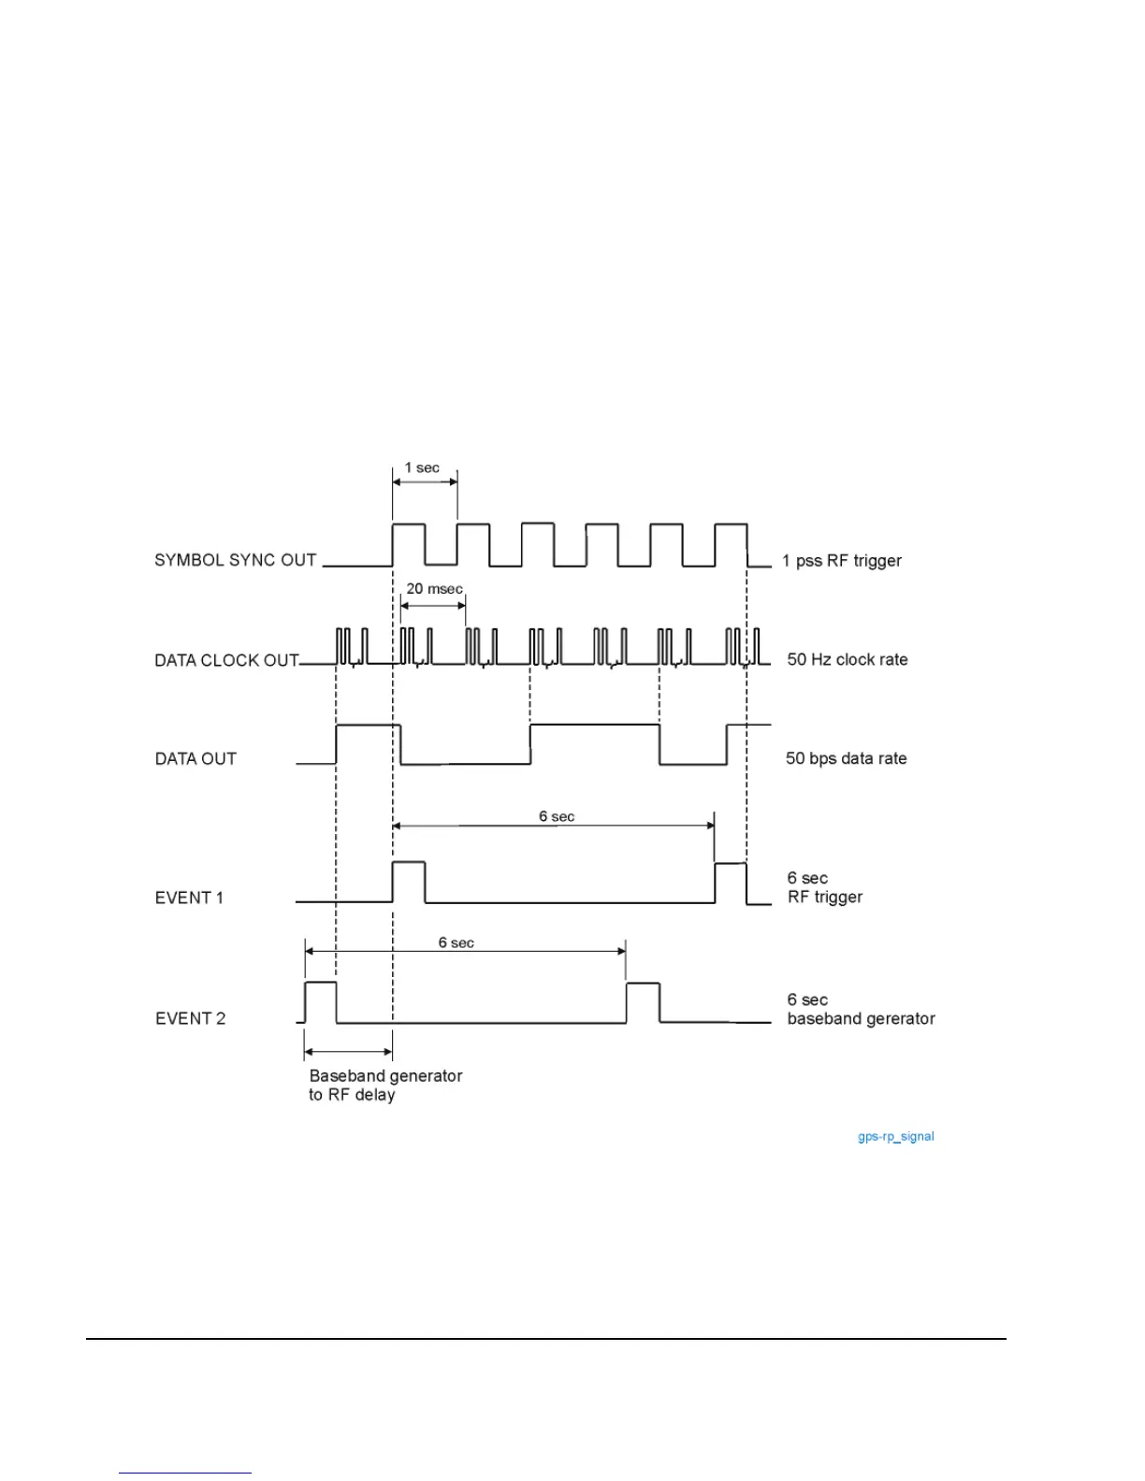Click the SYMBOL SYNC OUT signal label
235,560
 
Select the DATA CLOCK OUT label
226,660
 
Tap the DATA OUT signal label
196,758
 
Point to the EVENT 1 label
189,898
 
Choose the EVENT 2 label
190,1018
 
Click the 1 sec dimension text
422,467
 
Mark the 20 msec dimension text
434,589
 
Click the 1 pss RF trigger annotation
842,561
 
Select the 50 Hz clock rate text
848,659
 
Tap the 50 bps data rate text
846,758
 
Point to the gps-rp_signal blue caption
895,1137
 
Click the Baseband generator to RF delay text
385,1086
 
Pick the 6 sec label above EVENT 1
557,816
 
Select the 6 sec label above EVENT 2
457,942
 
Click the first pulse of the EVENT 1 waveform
409,881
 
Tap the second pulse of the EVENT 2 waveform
643,1002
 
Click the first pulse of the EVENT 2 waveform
321,1001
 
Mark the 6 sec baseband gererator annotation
861,1009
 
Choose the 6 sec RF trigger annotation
824,887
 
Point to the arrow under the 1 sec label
425,482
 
